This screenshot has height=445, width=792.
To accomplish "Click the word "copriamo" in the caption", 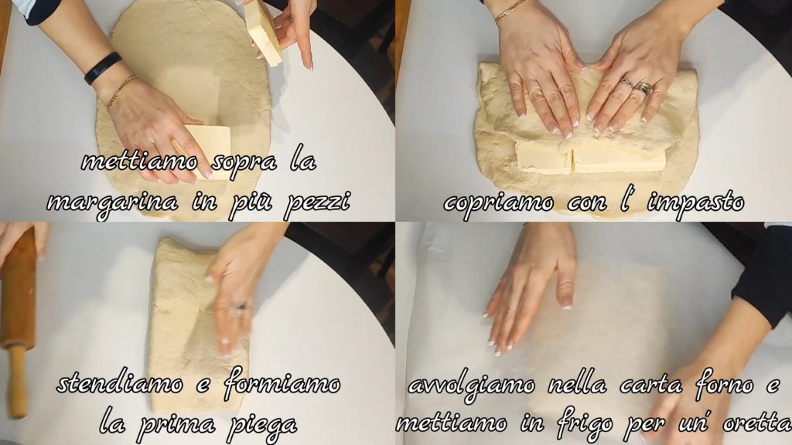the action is (499, 203).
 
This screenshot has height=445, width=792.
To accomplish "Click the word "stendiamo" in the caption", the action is (120, 385).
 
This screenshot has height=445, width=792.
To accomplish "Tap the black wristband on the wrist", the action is (103, 68).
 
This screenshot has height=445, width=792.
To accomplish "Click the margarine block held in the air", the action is (265, 32).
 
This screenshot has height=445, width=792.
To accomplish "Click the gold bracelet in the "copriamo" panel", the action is (510, 11).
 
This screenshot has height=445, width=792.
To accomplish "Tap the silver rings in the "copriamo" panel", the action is (637, 87).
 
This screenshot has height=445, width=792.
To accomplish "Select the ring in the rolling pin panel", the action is (239, 306).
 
